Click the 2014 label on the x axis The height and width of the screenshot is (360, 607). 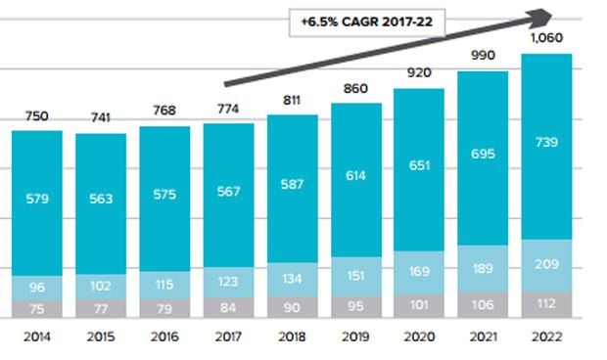coord(37,337)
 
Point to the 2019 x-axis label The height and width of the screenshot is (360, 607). coord(355,337)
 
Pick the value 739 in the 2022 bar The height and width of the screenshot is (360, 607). coord(545,143)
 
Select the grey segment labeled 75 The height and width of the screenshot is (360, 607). coord(37,308)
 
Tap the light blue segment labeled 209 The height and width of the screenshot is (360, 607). coord(545,264)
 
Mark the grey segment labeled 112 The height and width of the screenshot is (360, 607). coord(545,303)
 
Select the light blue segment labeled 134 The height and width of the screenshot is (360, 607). coord(292,280)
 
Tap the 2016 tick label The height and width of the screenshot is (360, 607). coord(164,337)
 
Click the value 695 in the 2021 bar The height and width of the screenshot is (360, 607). coord(482,157)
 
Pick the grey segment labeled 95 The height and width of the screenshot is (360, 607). coord(355,305)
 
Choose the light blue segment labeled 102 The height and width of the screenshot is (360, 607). coord(101,288)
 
